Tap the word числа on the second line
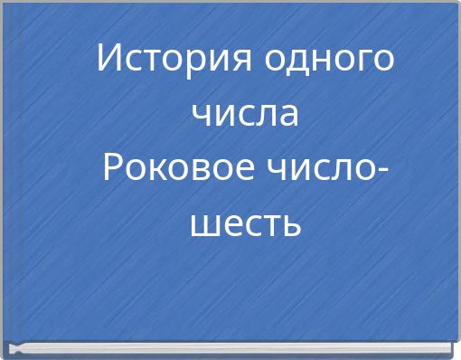click(244, 114)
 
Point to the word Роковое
click(174, 168)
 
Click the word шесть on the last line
click(244, 223)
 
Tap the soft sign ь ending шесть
click(290, 223)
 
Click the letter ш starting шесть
click(203, 223)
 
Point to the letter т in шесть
click(268, 223)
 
